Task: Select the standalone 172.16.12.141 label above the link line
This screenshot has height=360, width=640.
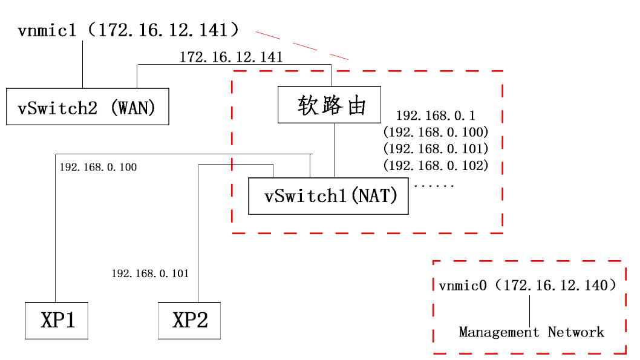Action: (231, 57)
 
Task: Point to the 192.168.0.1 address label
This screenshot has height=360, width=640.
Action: (436, 115)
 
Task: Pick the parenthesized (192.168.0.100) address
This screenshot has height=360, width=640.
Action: (436, 131)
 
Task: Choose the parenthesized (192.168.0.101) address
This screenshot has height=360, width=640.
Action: (436, 148)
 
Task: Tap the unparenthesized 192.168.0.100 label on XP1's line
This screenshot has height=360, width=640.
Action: (98, 167)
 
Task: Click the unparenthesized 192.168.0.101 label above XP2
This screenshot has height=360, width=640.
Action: (150, 273)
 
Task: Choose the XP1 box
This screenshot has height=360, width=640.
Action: (57, 321)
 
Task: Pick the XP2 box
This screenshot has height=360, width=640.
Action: (189, 321)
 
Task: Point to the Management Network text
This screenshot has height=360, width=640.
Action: (531, 332)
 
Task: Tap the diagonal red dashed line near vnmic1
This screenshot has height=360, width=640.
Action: (302, 45)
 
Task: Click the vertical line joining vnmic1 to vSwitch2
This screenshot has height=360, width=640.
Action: (82, 64)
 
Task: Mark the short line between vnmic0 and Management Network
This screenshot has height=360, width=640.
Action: (531, 310)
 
